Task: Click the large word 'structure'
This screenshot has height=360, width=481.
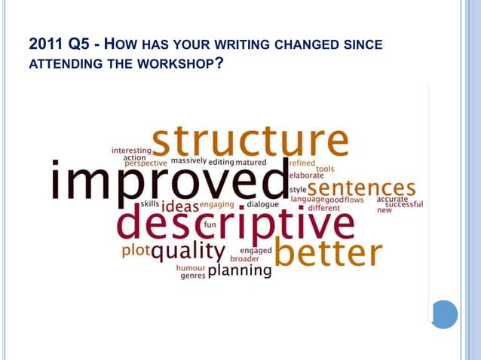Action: click(250, 142)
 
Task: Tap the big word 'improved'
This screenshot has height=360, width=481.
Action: click(169, 181)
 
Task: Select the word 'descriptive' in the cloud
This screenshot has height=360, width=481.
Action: click(235, 224)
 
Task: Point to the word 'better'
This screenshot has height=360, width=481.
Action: click(328, 254)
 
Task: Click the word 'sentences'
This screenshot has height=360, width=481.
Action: click(361, 187)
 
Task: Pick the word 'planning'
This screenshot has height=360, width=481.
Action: click(239, 270)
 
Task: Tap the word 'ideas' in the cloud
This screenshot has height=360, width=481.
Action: click(179, 206)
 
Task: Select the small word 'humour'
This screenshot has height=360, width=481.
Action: click(191, 267)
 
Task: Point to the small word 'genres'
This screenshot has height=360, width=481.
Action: click(192, 276)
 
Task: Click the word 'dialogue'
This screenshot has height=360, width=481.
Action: click(263, 204)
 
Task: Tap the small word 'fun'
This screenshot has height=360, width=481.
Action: click(210, 224)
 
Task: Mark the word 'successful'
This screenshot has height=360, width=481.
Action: click(404, 204)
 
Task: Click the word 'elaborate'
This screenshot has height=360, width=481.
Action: click(306, 175)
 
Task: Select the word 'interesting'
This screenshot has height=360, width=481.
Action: click(131, 150)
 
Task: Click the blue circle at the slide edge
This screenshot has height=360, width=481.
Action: click(445, 314)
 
